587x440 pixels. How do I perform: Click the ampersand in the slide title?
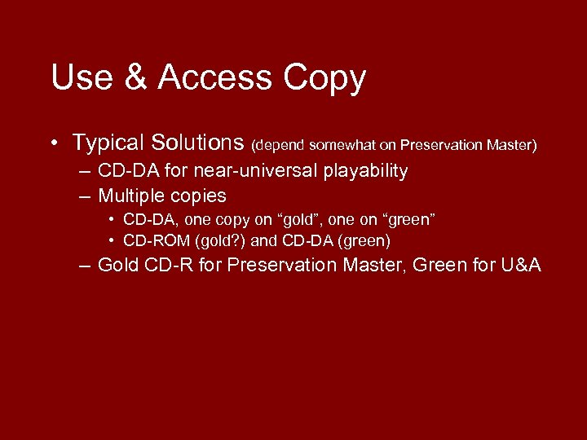(132, 78)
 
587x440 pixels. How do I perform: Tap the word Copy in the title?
(324, 78)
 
